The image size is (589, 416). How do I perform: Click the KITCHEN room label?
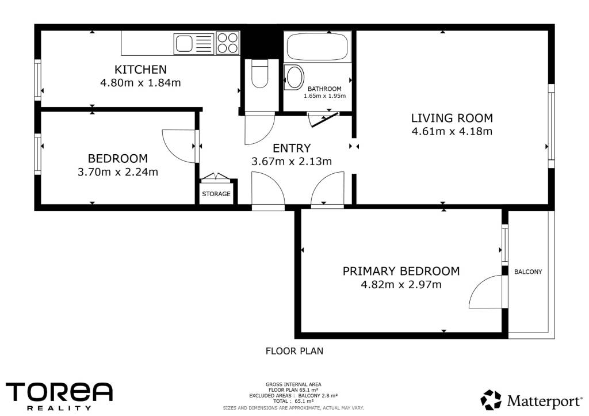coord(140,70)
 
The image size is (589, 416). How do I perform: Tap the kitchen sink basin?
coord(184,43)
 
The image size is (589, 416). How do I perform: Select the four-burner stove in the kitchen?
coord(228,43)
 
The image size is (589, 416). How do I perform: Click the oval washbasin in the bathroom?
coord(294,78)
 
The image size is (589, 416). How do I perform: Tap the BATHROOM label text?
coord(324,89)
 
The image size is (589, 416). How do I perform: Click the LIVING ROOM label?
coord(452,118)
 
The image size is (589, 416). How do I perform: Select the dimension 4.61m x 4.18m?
coord(452,131)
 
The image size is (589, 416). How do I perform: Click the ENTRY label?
coord(292,148)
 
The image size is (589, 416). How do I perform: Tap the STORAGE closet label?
coord(216,194)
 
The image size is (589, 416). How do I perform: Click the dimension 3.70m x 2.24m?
coord(118,172)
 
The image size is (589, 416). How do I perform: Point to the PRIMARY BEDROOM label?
coord(401,271)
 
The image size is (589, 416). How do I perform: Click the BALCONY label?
coord(528,272)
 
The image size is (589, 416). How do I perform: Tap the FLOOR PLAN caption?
coord(294,351)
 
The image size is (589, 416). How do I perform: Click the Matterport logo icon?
coord(491,400)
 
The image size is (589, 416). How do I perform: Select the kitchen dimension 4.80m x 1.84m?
coord(140,83)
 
